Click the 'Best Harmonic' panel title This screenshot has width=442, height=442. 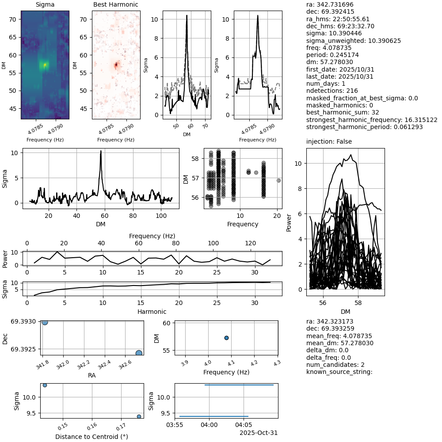pos(116,5)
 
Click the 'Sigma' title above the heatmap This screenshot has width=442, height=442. pos(45,5)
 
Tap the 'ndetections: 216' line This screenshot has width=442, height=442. pos(332,91)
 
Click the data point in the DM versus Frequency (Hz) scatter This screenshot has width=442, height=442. pos(226,338)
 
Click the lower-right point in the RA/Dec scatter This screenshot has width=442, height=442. pos(139,353)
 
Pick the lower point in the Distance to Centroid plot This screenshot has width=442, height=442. pos(139,416)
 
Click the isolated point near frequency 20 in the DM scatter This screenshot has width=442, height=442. pos(278,180)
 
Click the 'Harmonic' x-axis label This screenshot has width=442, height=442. pos(154,312)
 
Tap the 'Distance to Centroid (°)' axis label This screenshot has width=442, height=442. pos(91,437)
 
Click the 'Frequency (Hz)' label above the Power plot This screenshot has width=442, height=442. pos(152,236)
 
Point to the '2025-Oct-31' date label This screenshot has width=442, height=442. pos(259,433)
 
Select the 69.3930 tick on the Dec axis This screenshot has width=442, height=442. pos(26,322)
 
